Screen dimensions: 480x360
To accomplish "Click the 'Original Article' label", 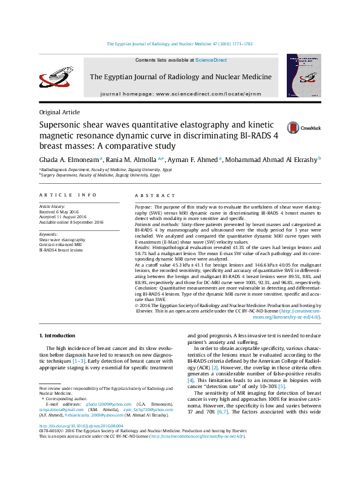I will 59,112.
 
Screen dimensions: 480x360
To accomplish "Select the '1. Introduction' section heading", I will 57,336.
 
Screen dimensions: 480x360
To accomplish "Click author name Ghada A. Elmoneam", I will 68,159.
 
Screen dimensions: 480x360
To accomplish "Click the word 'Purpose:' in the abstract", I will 144,207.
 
